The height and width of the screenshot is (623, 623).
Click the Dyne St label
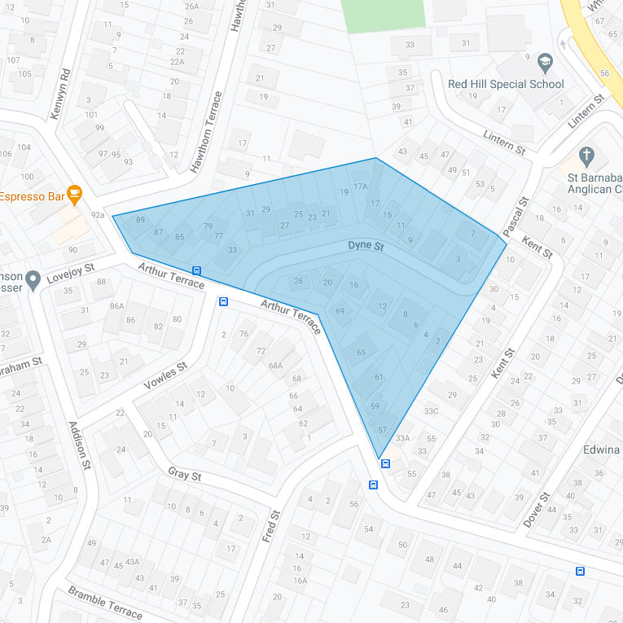tap(366, 245)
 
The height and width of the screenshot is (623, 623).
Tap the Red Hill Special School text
tap(506, 84)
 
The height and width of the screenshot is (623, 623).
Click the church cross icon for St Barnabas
tap(586, 155)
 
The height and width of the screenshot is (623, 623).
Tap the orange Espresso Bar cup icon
tap(75, 195)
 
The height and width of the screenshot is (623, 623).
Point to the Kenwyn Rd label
tap(60, 94)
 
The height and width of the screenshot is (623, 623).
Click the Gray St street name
tap(184, 474)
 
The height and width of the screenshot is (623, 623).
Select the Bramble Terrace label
tap(105, 603)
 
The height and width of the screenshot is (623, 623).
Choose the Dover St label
tap(537, 509)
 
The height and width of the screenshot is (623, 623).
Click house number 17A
tap(361, 186)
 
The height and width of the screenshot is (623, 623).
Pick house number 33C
tap(431, 411)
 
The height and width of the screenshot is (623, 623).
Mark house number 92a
tap(98, 215)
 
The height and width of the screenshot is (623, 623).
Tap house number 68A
tap(276, 366)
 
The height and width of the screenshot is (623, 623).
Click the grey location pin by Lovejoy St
tap(33, 281)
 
